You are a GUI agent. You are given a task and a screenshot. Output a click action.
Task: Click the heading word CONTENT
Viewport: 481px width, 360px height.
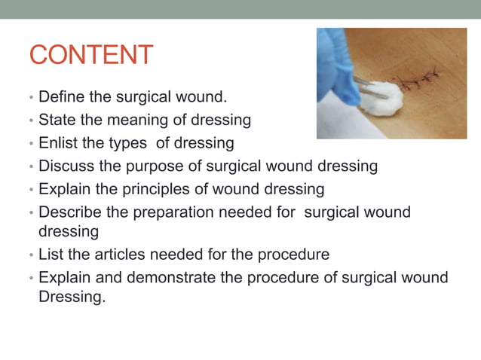point(90,55)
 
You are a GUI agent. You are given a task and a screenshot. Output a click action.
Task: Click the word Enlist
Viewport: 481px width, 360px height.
point(59,142)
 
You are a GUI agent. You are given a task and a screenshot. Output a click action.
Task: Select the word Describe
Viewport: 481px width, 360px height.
point(72,212)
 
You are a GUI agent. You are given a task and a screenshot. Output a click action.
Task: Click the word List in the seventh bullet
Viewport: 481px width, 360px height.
point(51,255)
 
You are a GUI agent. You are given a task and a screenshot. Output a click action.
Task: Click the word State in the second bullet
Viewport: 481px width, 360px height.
point(57,120)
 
